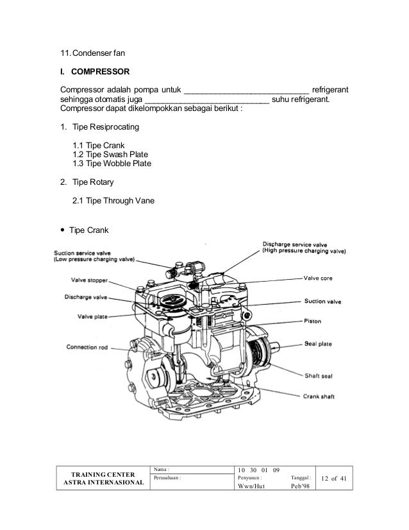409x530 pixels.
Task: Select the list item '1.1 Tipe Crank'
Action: tap(98, 144)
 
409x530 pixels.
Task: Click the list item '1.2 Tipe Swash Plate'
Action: tap(110, 154)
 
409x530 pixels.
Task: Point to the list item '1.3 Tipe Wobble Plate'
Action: tap(112, 164)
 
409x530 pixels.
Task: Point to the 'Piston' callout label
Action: tap(313, 320)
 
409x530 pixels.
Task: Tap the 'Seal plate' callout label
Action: tap(318, 344)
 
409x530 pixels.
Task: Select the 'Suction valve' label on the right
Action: tap(322, 300)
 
